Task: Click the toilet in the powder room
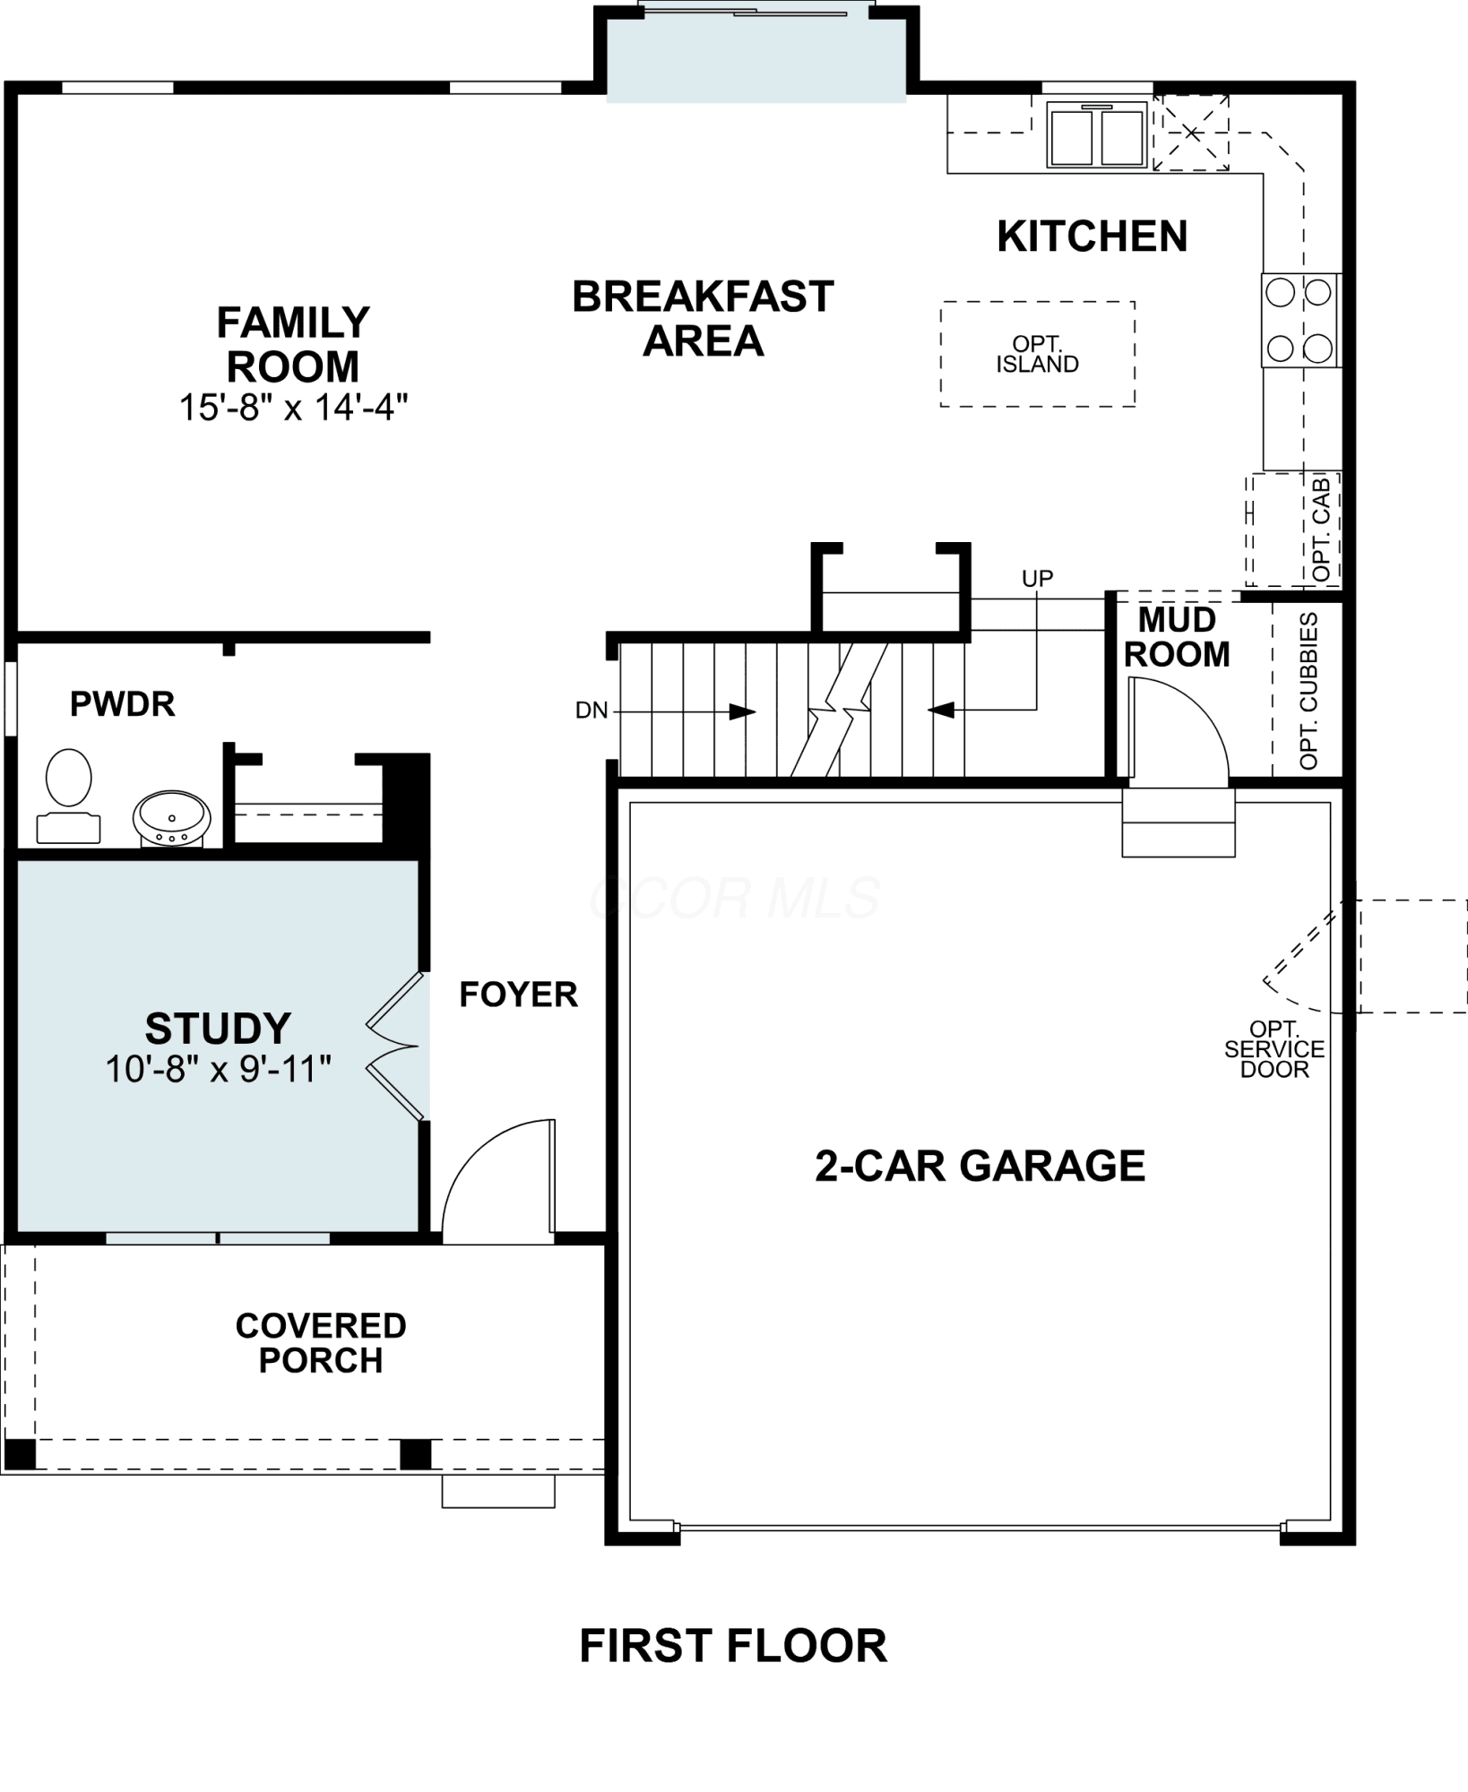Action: pos(68,796)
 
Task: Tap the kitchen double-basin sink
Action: pos(1097,134)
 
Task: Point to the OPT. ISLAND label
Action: pos(1037,354)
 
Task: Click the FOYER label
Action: pos(518,994)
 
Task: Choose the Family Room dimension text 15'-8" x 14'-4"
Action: pos(293,408)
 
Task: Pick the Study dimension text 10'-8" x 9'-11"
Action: pos(219,1068)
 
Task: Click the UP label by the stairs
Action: pos(1037,578)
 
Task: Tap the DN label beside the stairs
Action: pos(592,711)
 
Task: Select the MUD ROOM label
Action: pos(1177,637)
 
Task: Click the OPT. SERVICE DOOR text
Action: pos(1274,1049)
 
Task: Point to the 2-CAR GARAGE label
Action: pos(980,1166)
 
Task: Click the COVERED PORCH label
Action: pos(321,1343)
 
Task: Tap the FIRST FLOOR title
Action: pos(733,1646)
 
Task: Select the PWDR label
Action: pos(123,704)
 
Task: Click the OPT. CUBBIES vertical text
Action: pos(1308,691)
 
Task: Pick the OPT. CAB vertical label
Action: pos(1322,530)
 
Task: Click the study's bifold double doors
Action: pos(395,1046)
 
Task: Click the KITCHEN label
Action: pos(1092,237)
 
